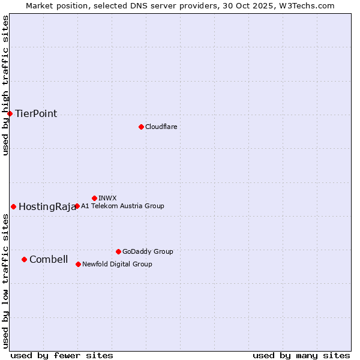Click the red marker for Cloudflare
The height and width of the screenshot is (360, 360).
tap(141, 127)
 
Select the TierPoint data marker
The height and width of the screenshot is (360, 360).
tap(10, 113)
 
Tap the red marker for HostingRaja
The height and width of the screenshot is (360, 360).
tap(13, 206)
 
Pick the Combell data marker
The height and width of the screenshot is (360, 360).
tap(24, 259)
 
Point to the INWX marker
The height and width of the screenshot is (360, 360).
tap(94, 198)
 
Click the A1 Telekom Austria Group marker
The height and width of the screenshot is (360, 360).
tap(77, 206)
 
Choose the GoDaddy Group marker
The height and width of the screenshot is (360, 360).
tap(118, 251)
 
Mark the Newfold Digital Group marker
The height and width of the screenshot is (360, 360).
tap(78, 264)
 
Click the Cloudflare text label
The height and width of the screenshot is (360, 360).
tap(161, 127)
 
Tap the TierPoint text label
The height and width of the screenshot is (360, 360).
tap(36, 114)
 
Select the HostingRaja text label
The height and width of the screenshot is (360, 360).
tap(47, 207)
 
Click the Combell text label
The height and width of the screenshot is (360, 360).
tap(49, 260)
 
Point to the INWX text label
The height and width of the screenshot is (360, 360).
tap(107, 198)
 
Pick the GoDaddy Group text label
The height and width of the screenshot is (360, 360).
tap(148, 251)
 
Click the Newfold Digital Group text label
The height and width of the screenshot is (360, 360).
tap(117, 264)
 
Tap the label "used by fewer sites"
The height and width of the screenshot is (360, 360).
tap(62, 355)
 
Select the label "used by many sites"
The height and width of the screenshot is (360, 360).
tap(301, 355)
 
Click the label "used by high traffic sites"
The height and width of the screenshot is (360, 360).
tap(5, 85)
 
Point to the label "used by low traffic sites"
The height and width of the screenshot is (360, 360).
tap(5, 281)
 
